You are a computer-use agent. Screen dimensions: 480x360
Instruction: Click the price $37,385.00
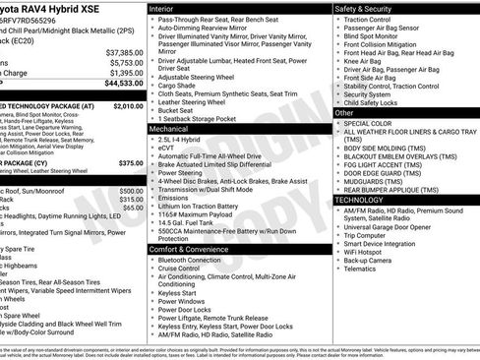point(123,51)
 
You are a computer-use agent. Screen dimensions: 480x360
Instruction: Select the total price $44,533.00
point(123,84)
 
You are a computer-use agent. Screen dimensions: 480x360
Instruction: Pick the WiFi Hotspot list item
point(368,250)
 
